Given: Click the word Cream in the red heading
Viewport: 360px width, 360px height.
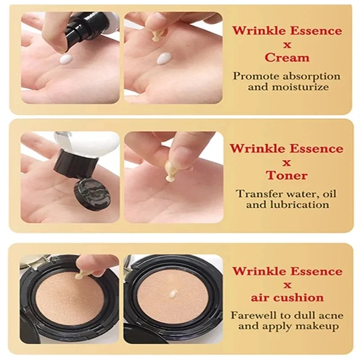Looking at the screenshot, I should coord(287,58).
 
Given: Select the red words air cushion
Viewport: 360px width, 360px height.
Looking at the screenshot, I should coord(287,297).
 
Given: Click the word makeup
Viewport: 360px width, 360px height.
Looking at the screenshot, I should coord(319,326).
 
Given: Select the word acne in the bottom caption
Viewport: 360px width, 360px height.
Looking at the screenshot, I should coord(328,315).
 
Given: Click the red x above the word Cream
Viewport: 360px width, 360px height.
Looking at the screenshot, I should coord(287,45).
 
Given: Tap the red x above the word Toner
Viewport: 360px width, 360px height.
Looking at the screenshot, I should coord(287,162).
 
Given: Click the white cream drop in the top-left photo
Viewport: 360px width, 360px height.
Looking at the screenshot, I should coord(66,58).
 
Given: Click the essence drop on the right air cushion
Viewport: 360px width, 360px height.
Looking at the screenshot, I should coord(173,294).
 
